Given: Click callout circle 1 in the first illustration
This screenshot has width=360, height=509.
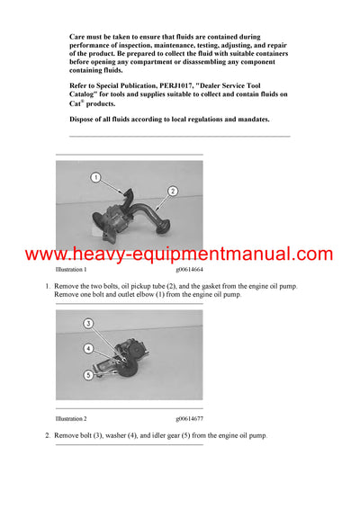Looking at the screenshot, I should coord(96,178).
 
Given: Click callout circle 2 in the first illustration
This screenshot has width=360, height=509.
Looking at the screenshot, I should coord(173,191).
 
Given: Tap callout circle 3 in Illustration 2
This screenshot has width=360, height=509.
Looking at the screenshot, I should coord(88,323).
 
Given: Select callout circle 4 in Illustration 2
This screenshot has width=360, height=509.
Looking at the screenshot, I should coord(88,348).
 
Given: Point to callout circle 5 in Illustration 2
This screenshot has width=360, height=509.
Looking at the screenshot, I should coord(88,375).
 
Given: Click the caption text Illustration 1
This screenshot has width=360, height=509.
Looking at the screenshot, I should coord(71,270).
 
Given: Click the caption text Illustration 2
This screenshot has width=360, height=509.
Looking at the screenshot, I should coord(71,419).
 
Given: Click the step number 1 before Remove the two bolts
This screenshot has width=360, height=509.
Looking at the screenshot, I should coord(47,286).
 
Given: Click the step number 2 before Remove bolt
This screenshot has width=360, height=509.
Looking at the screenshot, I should coord(47,435).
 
